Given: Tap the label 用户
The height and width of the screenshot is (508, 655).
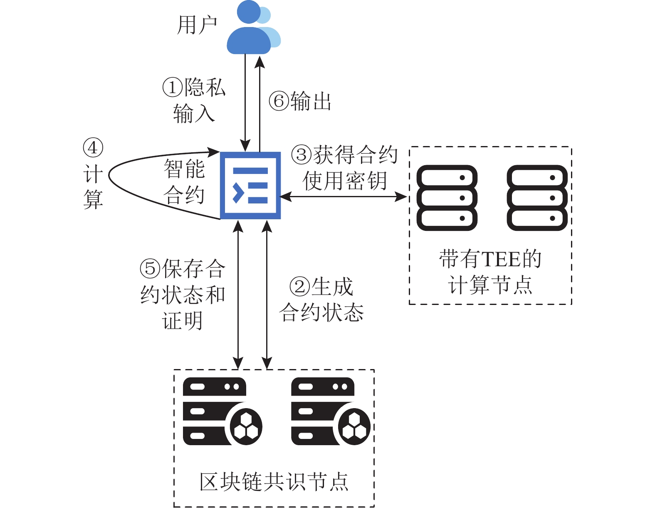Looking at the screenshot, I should pos(197,25).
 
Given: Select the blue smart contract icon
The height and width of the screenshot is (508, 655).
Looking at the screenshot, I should pos(250,185).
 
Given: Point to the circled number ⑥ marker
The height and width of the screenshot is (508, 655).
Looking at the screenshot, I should pos(279,102).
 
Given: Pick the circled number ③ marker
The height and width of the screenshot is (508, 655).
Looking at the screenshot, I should pos(302,155).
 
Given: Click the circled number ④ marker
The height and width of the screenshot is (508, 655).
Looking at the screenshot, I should pos(93,148).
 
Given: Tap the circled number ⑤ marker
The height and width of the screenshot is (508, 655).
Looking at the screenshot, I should pos(150,268).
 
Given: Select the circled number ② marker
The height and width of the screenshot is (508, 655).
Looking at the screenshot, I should pos(300,286).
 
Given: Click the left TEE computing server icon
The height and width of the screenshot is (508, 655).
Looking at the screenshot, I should pos(447,198).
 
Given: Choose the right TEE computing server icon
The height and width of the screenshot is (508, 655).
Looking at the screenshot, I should pos(537,198).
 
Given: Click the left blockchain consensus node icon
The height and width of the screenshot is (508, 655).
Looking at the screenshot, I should pos(222,411).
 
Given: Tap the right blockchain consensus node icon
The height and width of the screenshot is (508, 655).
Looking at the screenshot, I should pos(330,411).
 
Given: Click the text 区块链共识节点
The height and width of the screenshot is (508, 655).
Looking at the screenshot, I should pos(274,482).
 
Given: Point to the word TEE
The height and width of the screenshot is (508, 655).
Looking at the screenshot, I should pos(501,259).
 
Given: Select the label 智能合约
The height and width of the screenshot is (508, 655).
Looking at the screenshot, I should pos(184,182).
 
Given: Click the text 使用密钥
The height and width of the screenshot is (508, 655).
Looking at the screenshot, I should pos(345,181).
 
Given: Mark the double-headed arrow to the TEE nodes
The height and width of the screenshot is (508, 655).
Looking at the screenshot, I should pos(344,197).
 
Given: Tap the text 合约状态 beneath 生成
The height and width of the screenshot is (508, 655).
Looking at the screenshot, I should pos(321,312).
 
